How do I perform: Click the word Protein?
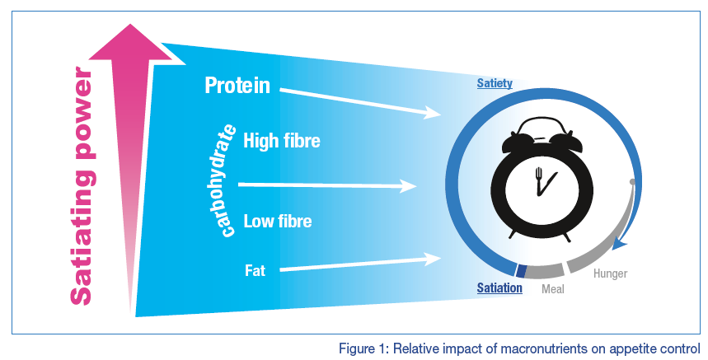click(x=237, y=86)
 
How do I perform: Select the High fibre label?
click(x=282, y=141)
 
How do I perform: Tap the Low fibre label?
click(x=278, y=221)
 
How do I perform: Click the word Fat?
click(x=256, y=270)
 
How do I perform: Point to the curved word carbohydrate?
click(x=225, y=180)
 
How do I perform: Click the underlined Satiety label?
click(x=495, y=83)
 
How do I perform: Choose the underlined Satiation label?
click(x=499, y=288)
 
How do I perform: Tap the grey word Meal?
click(x=553, y=288)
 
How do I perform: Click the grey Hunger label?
click(x=611, y=274)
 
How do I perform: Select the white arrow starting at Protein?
click(x=360, y=103)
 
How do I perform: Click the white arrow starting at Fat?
click(x=360, y=264)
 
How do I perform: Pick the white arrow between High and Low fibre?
click(x=327, y=185)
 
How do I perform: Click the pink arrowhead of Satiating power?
click(x=131, y=43)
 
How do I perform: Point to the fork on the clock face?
click(x=538, y=181)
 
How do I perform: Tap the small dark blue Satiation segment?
click(x=521, y=271)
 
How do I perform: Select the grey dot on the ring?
click(x=633, y=182)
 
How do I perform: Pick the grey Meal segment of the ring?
click(x=544, y=272)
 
